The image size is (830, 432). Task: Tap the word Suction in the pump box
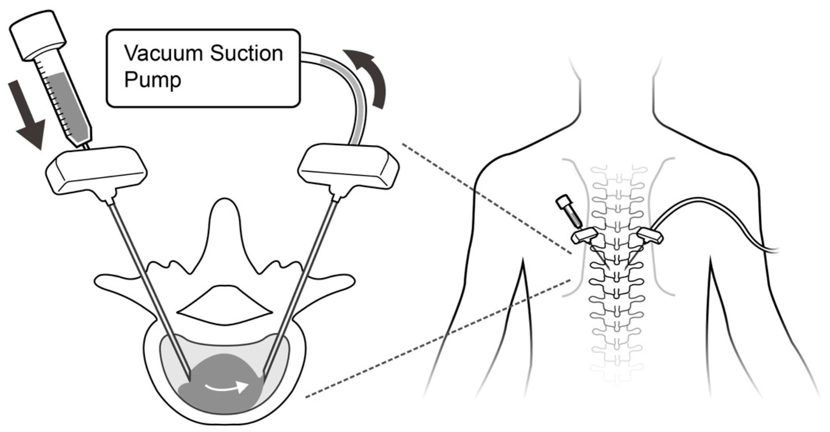click(x=246, y=54)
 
